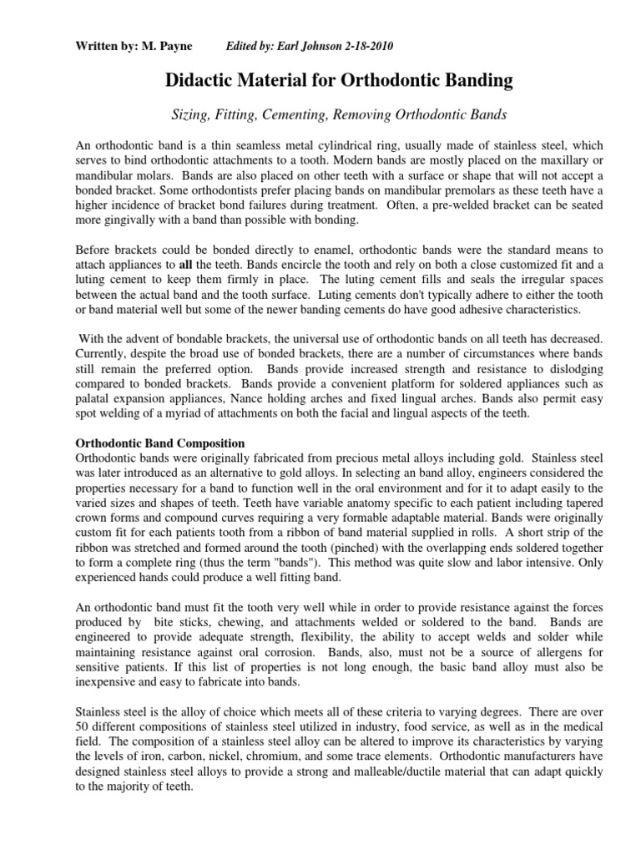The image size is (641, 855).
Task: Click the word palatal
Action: pos(94,398)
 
